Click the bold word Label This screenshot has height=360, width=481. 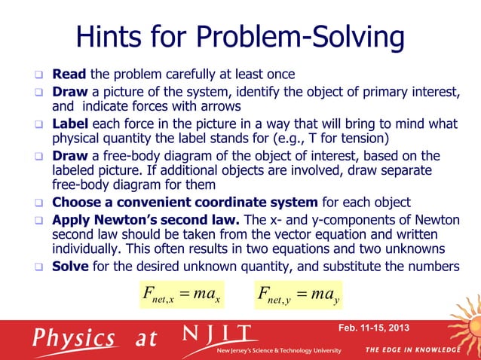point(71,124)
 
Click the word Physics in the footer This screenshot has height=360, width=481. point(73,337)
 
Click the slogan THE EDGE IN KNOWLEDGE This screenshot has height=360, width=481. point(413,350)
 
